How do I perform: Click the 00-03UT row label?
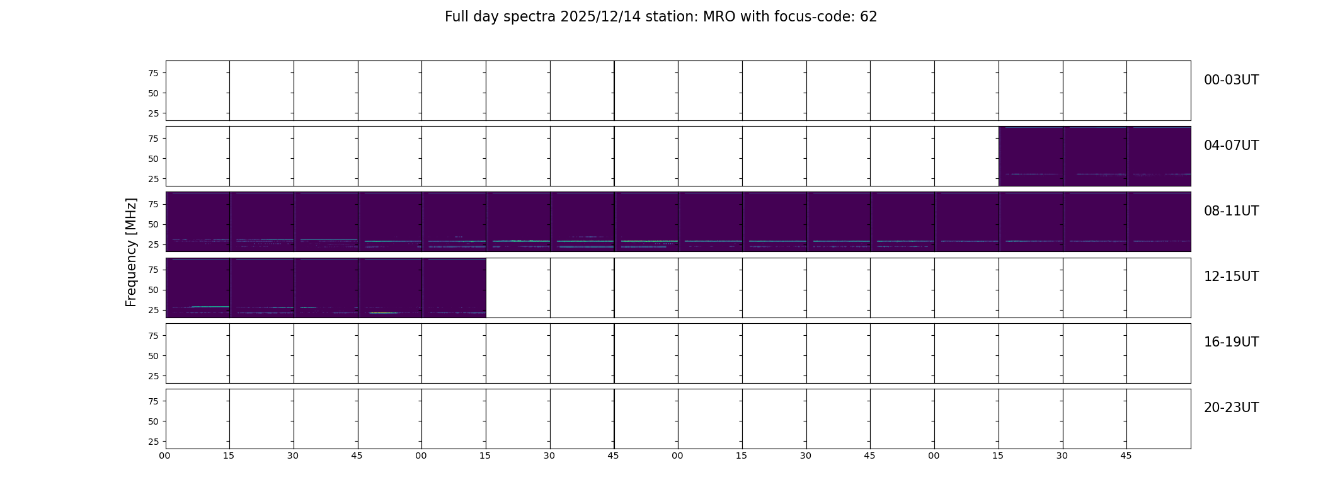click(x=1231, y=80)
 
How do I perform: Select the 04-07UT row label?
click(x=1231, y=146)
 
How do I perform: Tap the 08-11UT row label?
click(x=1231, y=211)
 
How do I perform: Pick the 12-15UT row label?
click(x=1231, y=277)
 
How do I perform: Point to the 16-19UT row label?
click(x=1231, y=342)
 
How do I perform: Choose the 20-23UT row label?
click(x=1231, y=408)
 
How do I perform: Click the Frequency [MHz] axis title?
click(x=131, y=252)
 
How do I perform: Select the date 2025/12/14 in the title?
click(x=593, y=17)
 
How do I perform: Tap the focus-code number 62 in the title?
click(x=869, y=17)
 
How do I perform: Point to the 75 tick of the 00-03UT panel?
click(x=152, y=73)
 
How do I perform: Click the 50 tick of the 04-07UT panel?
click(x=152, y=159)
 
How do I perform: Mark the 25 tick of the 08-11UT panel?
click(x=152, y=244)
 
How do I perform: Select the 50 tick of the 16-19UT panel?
click(x=152, y=356)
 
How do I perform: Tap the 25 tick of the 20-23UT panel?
click(x=152, y=442)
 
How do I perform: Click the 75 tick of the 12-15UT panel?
click(x=152, y=270)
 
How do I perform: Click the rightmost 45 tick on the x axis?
click(x=1126, y=455)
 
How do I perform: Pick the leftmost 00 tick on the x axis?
click(x=164, y=455)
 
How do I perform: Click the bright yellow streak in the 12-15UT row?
click(x=383, y=312)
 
